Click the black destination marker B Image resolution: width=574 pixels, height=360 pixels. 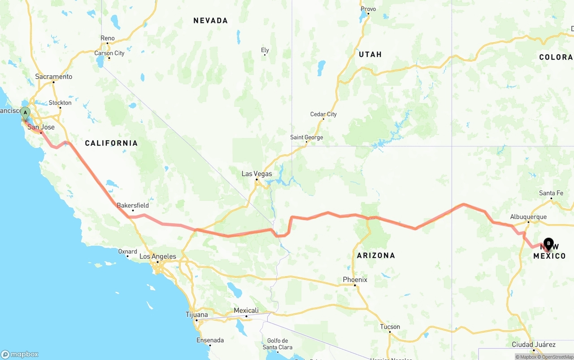point(548,244)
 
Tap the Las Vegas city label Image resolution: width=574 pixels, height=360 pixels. point(257,173)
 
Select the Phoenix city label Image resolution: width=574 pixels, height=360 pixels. point(355,280)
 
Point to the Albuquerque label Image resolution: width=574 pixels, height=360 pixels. point(528,217)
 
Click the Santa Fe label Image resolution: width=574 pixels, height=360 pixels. point(551,193)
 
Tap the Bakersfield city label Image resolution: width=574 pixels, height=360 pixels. point(133,205)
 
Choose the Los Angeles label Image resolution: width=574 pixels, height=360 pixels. point(157,257)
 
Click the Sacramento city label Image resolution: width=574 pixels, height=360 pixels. point(54,77)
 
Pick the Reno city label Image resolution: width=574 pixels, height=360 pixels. point(108,39)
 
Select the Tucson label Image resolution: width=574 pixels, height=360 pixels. point(390,327)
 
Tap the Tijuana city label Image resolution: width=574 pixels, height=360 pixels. point(197,315)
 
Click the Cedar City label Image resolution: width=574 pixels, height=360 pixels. point(323,114)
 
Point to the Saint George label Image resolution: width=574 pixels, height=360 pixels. point(306,137)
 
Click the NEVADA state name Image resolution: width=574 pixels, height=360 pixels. point(210,21)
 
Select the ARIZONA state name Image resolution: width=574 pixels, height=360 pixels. point(376,256)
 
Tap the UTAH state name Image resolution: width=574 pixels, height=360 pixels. point(370,54)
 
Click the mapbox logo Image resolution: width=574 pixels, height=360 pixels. point(20,354)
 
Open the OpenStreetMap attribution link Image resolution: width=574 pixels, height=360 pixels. point(557,357)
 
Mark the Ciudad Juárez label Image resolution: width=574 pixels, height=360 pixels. point(534,345)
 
